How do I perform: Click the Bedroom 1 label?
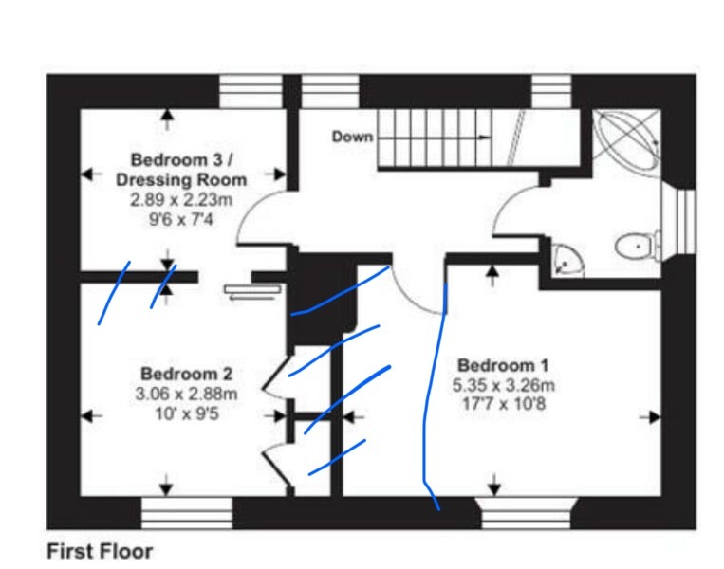(x=503, y=365)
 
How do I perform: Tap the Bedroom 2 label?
(x=186, y=374)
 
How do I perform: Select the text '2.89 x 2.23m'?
(x=181, y=200)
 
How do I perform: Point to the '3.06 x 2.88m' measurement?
(x=186, y=394)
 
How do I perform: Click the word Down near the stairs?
(x=352, y=137)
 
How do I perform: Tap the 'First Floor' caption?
(x=100, y=551)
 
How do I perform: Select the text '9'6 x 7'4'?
(x=181, y=220)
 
